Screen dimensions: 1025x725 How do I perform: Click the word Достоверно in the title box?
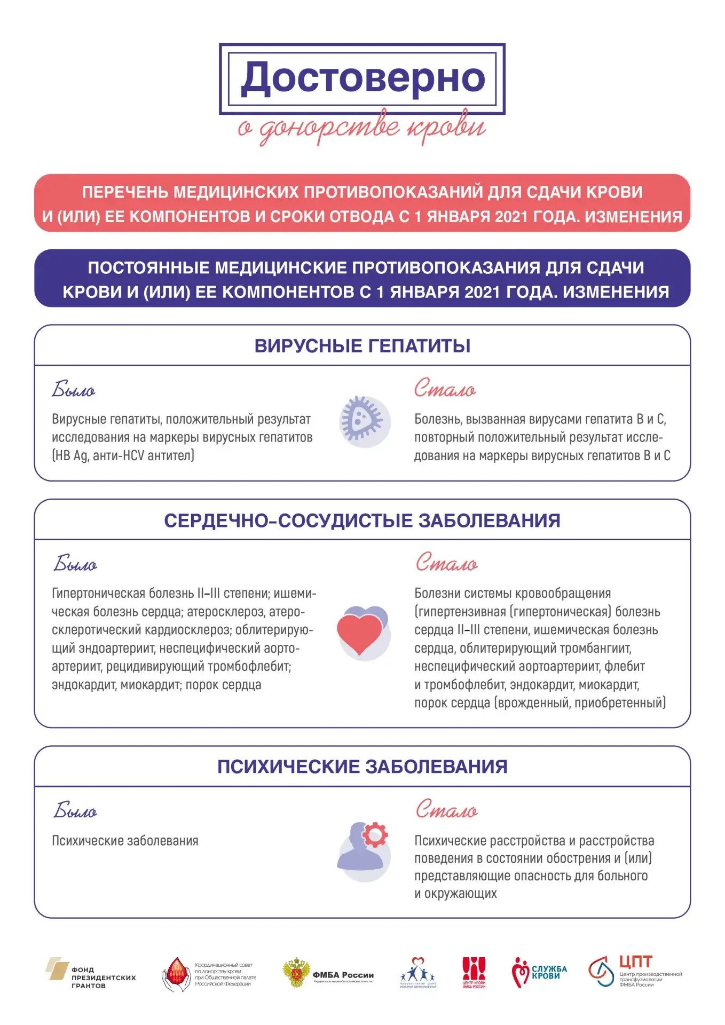point(362,78)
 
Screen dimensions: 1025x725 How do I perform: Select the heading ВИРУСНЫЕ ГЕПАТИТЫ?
point(362,346)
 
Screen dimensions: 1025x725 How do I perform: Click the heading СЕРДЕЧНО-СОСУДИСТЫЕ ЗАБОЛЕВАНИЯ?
point(362,521)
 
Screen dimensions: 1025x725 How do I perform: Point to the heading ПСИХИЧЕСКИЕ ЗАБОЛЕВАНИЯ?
point(362,767)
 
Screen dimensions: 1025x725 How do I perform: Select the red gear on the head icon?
point(375,834)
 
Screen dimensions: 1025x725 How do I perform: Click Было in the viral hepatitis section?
point(74,390)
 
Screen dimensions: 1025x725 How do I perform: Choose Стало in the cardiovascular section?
point(446,563)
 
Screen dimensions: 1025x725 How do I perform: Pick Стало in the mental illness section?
point(446,810)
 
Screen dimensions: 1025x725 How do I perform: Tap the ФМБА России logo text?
point(343,975)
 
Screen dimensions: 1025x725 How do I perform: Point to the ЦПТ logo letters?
point(635,962)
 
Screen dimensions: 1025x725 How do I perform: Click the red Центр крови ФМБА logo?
point(474,973)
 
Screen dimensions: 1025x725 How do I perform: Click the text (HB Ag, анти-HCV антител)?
point(123,455)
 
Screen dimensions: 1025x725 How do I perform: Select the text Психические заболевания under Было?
point(125,841)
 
